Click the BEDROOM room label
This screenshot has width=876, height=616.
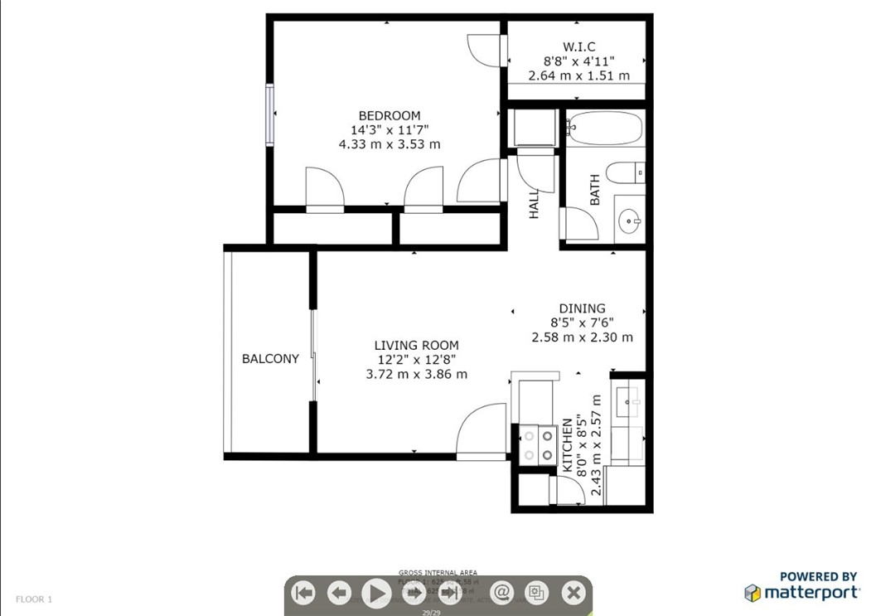point(389,115)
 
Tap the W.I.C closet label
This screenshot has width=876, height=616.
point(579,46)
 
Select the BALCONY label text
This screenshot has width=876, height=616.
point(270,359)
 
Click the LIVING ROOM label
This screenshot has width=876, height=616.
point(416,345)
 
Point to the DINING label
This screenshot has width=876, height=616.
point(582,308)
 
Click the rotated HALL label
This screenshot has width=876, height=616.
point(534,203)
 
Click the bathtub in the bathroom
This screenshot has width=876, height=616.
point(605,128)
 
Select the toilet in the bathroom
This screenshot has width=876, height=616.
point(624,173)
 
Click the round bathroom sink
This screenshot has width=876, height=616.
point(629,221)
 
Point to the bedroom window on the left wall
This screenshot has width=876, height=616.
point(269,114)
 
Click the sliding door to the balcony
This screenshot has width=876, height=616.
point(313,356)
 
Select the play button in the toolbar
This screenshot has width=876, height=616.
point(376,593)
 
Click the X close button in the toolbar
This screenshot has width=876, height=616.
point(573,593)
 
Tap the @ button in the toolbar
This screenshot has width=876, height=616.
point(501,593)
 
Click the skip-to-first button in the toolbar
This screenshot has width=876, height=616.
point(304,593)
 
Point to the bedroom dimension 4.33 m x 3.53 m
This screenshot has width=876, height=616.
point(389,143)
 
